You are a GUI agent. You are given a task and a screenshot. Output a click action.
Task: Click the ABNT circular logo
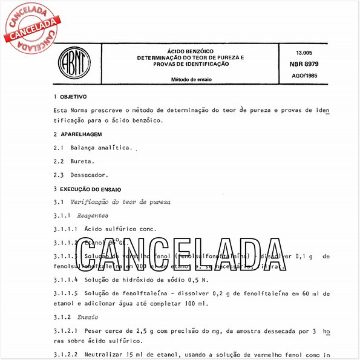(71, 62)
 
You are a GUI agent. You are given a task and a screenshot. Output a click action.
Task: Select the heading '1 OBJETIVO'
(70, 97)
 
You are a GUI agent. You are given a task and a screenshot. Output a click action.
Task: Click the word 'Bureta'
(82, 162)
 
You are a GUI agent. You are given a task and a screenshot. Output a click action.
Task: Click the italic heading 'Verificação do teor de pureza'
(120, 201)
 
